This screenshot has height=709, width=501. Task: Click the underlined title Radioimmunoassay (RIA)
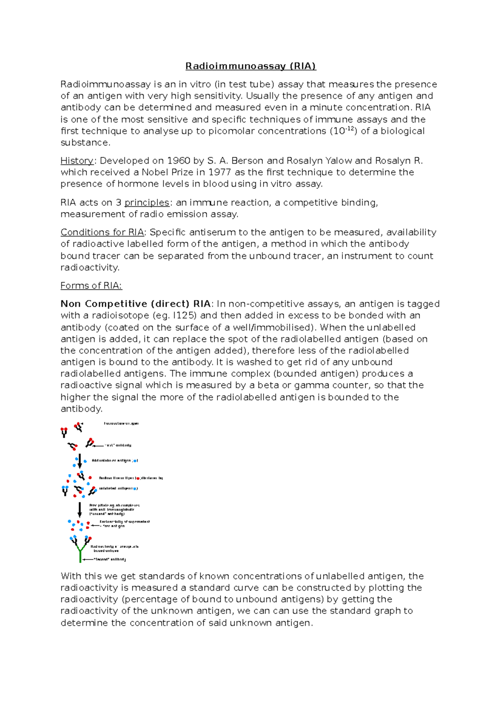point(250,66)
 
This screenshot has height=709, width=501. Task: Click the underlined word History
point(77,161)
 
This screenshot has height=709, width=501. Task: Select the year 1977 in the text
point(219,172)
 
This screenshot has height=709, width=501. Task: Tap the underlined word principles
point(147,203)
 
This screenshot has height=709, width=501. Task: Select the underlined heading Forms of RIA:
point(91,286)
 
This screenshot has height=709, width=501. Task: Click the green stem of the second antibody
point(80,555)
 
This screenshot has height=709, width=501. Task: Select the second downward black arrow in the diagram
point(80,510)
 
